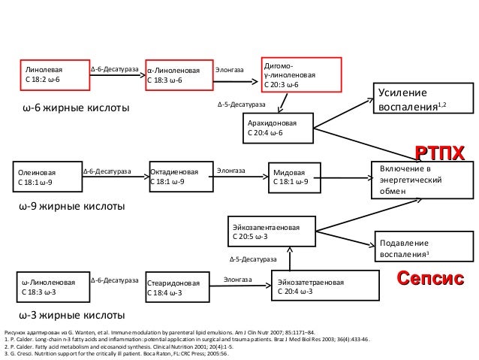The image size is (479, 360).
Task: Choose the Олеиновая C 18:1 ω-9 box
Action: tap(45, 177)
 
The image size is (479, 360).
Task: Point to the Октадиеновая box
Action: tap(176, 177)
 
